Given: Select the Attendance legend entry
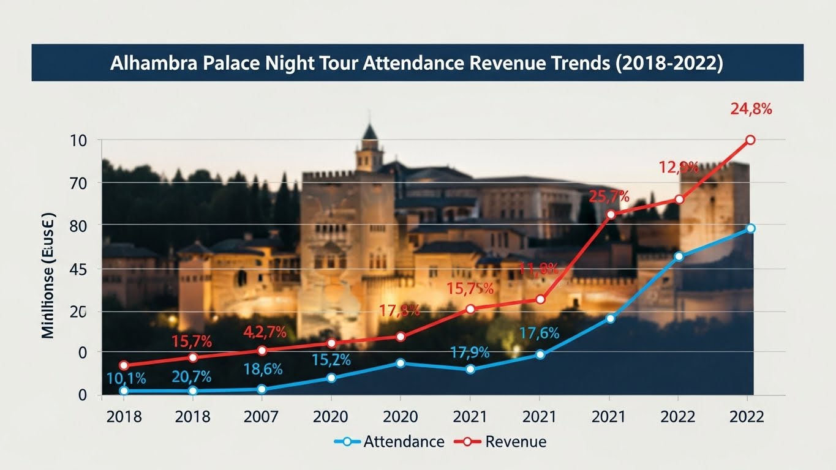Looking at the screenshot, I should tap(404, 441).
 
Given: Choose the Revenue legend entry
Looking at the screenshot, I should tap(515, 441).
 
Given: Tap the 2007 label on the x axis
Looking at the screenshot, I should tap(262, 417).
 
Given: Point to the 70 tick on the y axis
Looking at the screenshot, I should tap(79, 183).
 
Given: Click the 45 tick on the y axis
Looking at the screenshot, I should tap(79, 269).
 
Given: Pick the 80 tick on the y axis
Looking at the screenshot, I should tap(79, 226).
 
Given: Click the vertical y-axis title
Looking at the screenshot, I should tap(48, 275).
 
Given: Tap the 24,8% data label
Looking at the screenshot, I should tap(751, 110).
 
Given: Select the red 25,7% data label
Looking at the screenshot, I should tap(609, 196).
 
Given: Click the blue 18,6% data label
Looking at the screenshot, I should tap(262, 369).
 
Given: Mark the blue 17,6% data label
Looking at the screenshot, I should tap(539, 334).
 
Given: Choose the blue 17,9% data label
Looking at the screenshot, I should tap(470, 352).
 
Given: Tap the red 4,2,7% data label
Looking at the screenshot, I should tap(265, 332).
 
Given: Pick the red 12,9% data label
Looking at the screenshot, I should tap(679, 166).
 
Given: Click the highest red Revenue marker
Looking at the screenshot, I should tap(750, 140).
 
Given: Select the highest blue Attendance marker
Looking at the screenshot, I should tap(750, 228).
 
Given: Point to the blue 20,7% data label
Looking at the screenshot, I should tap(192, 377).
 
